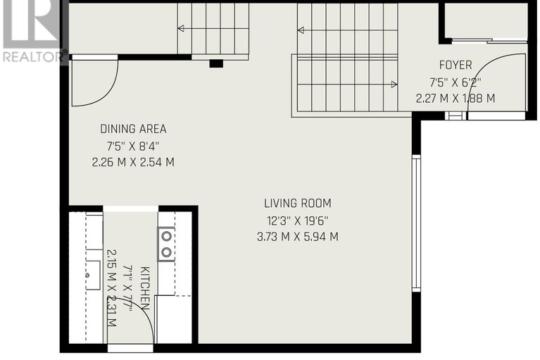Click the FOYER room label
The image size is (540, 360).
click(456, 65)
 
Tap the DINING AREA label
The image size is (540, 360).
click(133, 129)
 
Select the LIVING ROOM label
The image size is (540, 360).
click(298, 204)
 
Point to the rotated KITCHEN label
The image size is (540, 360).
click(145, 288)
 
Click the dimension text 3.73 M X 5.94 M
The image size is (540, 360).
click(298, 237)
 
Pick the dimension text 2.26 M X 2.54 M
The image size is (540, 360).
click(133, 162)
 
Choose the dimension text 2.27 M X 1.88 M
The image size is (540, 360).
click(456, 99)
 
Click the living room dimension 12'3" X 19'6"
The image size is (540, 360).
click(298, 220)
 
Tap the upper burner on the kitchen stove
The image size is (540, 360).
click(167, 236)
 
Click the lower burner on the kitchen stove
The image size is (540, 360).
click(167, 252)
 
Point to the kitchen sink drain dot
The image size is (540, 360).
click(88, 275)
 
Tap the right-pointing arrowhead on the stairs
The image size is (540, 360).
click(394, 84)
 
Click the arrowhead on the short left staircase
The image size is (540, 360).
click(180, 28)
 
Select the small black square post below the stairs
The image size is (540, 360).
click(216, 63)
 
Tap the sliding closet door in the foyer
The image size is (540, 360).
click(489, 42)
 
